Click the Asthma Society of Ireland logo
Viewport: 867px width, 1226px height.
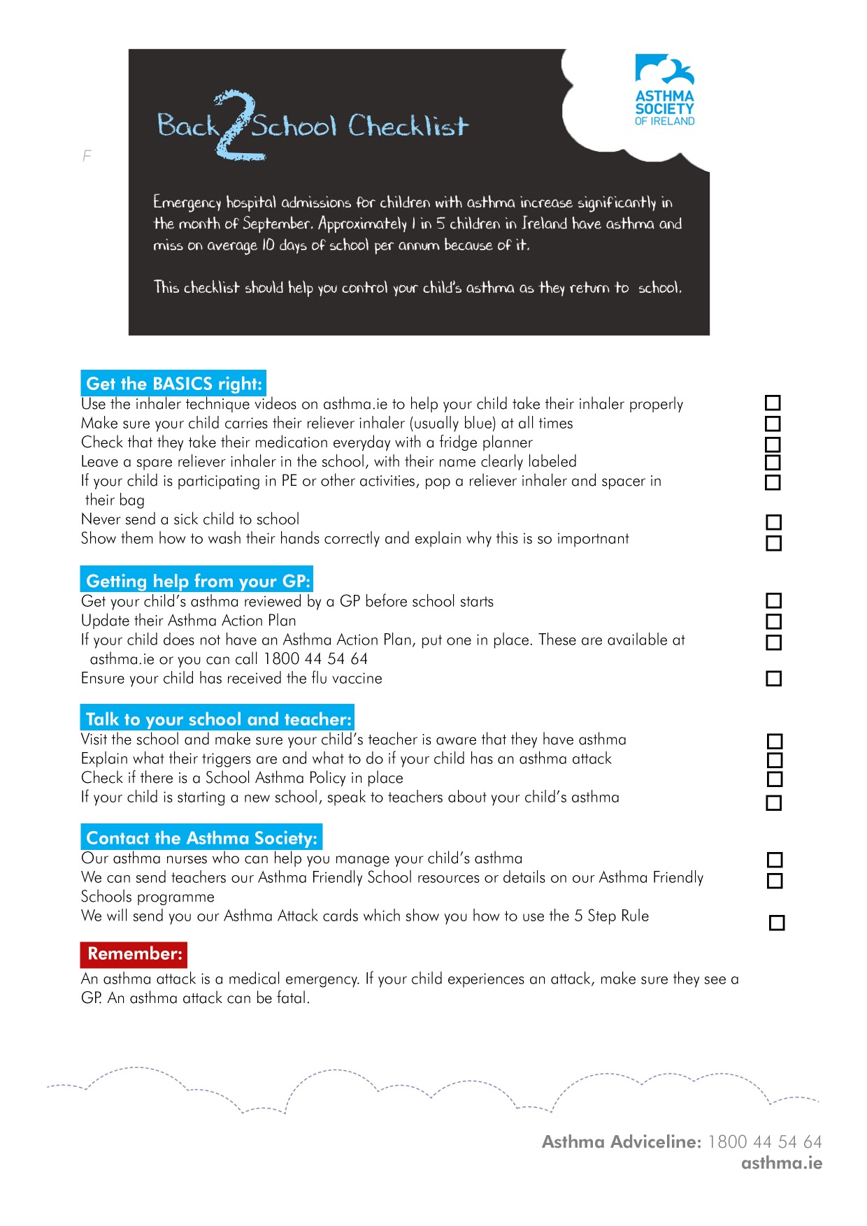[x=664, y=90]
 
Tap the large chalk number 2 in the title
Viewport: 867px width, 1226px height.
[x=238, y=126]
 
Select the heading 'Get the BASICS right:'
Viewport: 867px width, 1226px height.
[x=173, y=383]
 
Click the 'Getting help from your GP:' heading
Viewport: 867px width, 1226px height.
[x=196, y=580]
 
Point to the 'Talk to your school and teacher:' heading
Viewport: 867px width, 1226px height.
[x=217, y=719]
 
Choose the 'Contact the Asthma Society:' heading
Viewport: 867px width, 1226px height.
[x=201, y=837]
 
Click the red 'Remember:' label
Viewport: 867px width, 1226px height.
[x=134, y=953]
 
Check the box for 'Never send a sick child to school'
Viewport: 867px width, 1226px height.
[x=773, y=522]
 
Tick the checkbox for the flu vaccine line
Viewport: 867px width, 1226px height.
[x=773, y=678]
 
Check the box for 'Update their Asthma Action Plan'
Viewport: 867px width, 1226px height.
[x=773, y=621]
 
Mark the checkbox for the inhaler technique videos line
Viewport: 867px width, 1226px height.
[x=773, y=403]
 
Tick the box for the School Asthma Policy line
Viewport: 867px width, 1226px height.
[x=774, y=779]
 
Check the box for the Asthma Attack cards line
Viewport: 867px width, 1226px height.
[x=776, y=923]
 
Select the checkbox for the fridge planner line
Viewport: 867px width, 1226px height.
[x=773, y=444]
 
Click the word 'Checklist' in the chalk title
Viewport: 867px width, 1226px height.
[x=408, y=127]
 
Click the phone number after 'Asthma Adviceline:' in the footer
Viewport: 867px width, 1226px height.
[x=764, y=1141]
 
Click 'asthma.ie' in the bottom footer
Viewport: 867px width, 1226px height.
[x=782, y=1163]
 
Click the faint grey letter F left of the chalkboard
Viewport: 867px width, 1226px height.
[x=87, y=156]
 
